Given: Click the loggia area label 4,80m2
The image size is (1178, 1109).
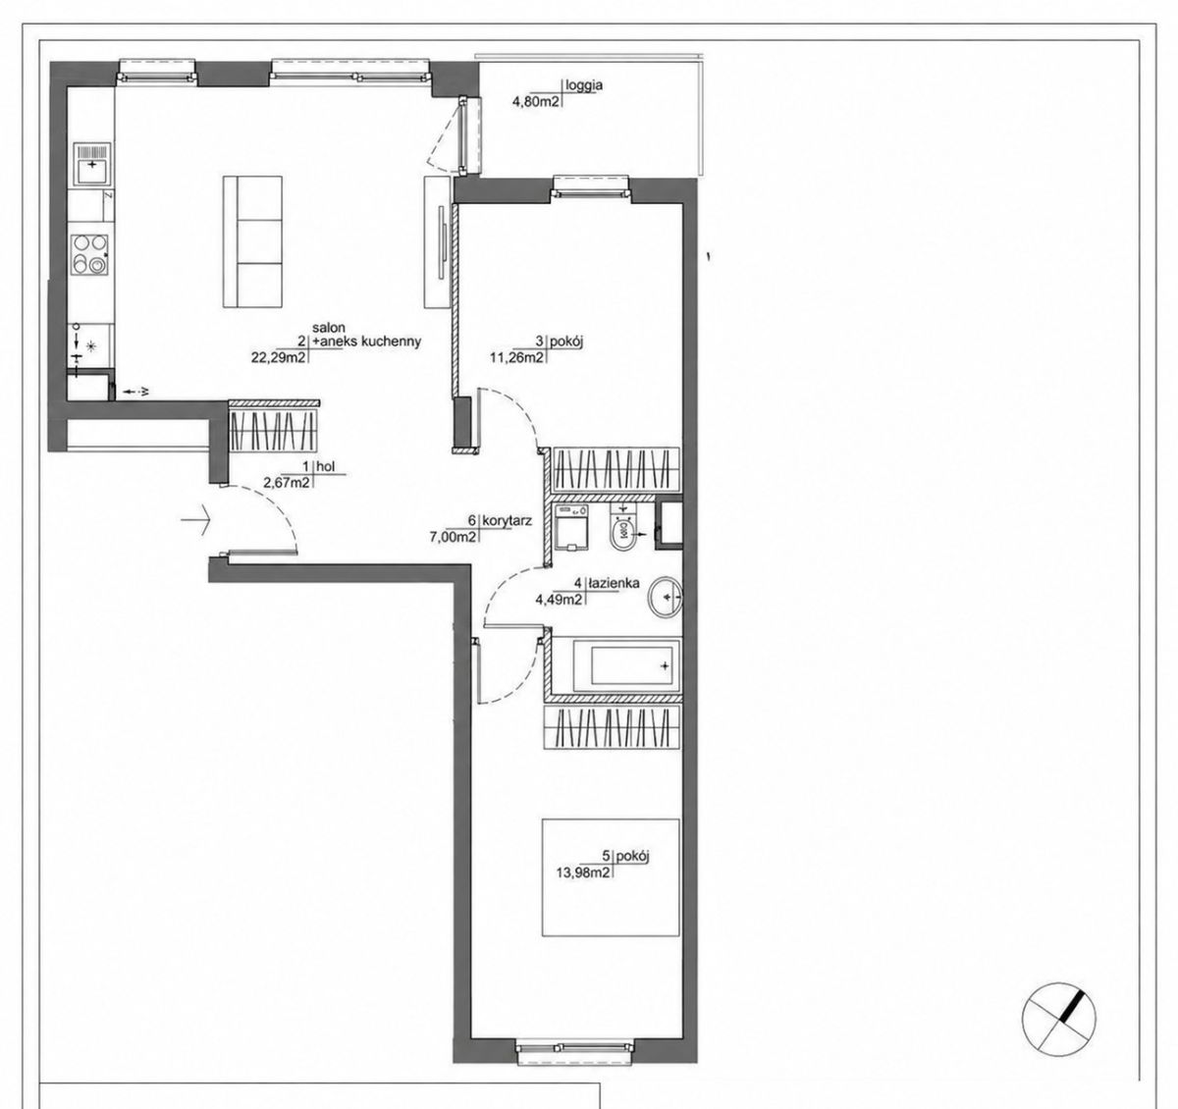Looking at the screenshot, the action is (535, 101).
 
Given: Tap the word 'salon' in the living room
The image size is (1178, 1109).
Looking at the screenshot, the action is (329, 327).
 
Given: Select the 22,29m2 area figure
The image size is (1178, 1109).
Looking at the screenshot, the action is (279, 357).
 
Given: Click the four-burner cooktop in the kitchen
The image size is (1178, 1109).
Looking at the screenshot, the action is (89, 254).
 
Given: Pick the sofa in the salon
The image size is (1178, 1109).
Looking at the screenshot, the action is (252, 241).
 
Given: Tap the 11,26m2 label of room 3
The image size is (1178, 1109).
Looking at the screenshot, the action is (515, 356).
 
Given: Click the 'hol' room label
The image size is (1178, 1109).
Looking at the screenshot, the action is (326, 466).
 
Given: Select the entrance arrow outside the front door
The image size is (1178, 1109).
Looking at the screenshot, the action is (196, 519).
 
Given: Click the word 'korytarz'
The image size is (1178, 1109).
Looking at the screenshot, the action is (508, 521).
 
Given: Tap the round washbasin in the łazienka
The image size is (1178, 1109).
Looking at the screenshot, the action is (665, 598).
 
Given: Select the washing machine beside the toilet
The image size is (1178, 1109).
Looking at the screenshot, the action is (572, 527).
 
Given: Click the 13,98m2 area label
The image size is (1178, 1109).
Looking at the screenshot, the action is (583, 871).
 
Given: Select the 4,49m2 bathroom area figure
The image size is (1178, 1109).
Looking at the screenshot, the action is (559, 599).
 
